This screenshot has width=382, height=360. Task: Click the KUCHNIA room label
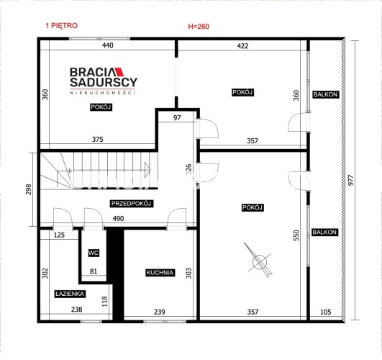coord(160,272)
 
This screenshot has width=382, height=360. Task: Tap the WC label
coord(94,253)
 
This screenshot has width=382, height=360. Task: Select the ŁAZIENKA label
coord(70,294)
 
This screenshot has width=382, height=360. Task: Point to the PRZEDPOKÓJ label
coord(132,204)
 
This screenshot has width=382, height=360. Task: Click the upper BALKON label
coord(325,94)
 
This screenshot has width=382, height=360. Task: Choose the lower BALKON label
coord(324,232)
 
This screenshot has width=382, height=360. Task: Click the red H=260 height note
coord(199,27)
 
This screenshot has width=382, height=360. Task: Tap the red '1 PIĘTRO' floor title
coord(62,26)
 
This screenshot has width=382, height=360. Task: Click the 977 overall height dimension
coord(350,180)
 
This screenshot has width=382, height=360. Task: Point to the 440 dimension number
coord(108,45)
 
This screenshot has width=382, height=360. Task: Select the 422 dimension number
coord(242,46)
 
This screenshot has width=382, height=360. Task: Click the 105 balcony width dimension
coord(325,312)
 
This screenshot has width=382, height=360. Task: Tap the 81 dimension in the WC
coord(94,271)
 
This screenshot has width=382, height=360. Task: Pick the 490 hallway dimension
coord(118,219)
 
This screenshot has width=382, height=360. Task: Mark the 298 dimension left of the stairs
coord(29,189)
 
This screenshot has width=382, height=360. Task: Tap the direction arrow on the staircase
coord(147,170)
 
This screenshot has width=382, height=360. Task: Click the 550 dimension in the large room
coord(296,235)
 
